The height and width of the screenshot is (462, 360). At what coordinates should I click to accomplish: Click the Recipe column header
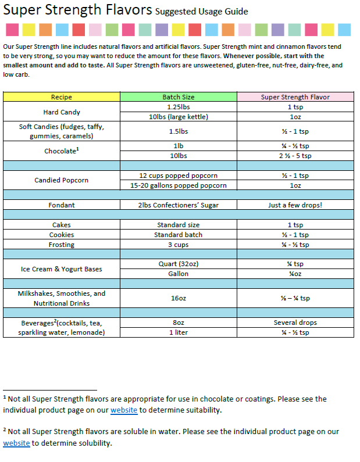(x=62, y=97)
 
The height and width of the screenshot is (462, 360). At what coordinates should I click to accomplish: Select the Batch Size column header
(x=179, y=97)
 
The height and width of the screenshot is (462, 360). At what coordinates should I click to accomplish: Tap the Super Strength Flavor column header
(x=295, y=97)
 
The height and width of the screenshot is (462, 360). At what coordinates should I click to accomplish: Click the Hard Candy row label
(x=62, y=112)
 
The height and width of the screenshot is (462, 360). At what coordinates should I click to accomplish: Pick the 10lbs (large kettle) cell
(x=179, y=117)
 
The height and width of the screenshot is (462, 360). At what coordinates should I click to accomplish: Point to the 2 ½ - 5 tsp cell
(x=295, y=156)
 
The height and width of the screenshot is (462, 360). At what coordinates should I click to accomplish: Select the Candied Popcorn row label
(x=62, y=180)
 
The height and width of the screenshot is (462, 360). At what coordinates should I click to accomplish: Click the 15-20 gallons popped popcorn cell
(x=179, y=185)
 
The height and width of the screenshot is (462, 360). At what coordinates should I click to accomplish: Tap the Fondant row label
(x=62, y=205)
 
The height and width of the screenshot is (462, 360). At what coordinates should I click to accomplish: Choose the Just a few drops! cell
(x=295, y=205)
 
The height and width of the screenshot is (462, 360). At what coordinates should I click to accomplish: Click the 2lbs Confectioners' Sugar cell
(x=179, y=205)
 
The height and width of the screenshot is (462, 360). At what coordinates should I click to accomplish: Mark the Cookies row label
(x=62, y=235)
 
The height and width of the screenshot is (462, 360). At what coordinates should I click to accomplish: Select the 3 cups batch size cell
(x=179, y=245)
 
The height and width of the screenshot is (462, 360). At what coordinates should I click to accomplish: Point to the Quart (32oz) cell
(x=179, y=264)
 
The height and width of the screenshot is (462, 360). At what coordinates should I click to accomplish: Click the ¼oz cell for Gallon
(x=295, y=274)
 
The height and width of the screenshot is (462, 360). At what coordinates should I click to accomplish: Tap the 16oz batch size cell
(x=179, y=298)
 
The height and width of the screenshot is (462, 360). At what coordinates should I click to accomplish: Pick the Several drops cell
(x=295, y=323)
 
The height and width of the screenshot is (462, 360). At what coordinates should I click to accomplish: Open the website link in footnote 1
(x=124, y=410)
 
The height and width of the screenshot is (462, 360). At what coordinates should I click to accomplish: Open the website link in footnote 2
(x=16, y=443)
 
